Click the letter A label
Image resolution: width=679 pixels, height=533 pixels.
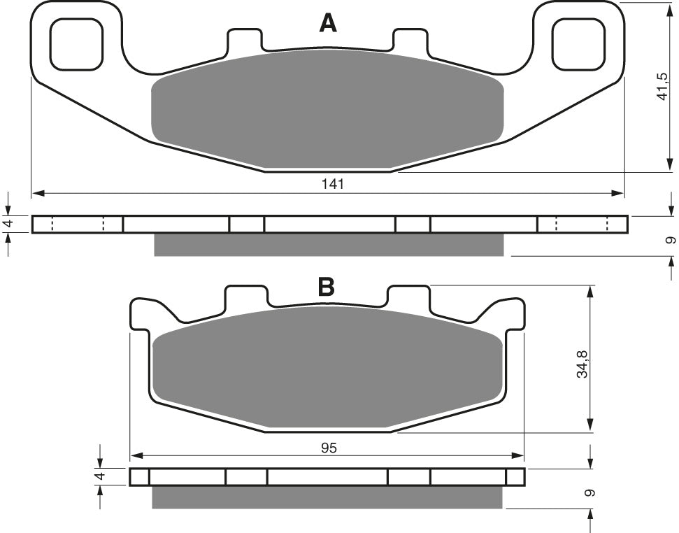coord(328,23)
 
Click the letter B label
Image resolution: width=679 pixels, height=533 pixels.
coord(326,286)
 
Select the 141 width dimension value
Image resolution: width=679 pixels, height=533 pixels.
coord(333,184)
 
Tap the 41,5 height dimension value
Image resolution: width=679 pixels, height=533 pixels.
coord(662,87)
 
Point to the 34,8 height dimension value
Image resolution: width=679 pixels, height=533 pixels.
coord(583,364)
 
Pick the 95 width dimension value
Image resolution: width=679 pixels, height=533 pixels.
coord(329,448)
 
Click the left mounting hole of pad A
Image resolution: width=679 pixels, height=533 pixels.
coord(77,44)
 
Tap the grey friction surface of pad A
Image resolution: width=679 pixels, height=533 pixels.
coord(327,108)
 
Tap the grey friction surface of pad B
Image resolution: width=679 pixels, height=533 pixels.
coord(328,367)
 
